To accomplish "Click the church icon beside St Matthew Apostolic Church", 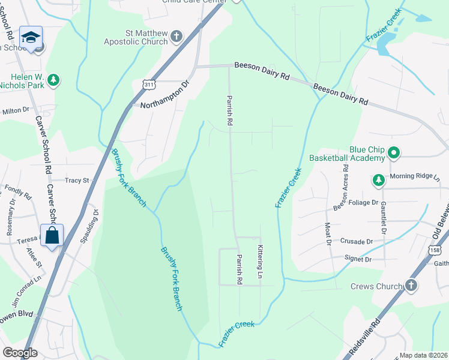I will click(x=176, y=36).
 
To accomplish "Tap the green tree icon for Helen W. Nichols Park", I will click(x=53, y=80).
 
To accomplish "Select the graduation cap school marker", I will click(x=31, y=37).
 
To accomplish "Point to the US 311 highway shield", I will click(x=149, y=86).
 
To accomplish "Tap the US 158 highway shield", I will click(x=435, y=248).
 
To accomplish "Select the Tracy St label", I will click(x=76, y=180).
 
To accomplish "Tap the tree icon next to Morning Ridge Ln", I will click(x=378, y=180).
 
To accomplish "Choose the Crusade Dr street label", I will click(x=356, y=241).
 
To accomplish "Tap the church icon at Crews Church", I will click(x=411, y=286).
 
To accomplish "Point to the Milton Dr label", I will click(x=16, y=110).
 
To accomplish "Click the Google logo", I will click(x=20, y=353).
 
